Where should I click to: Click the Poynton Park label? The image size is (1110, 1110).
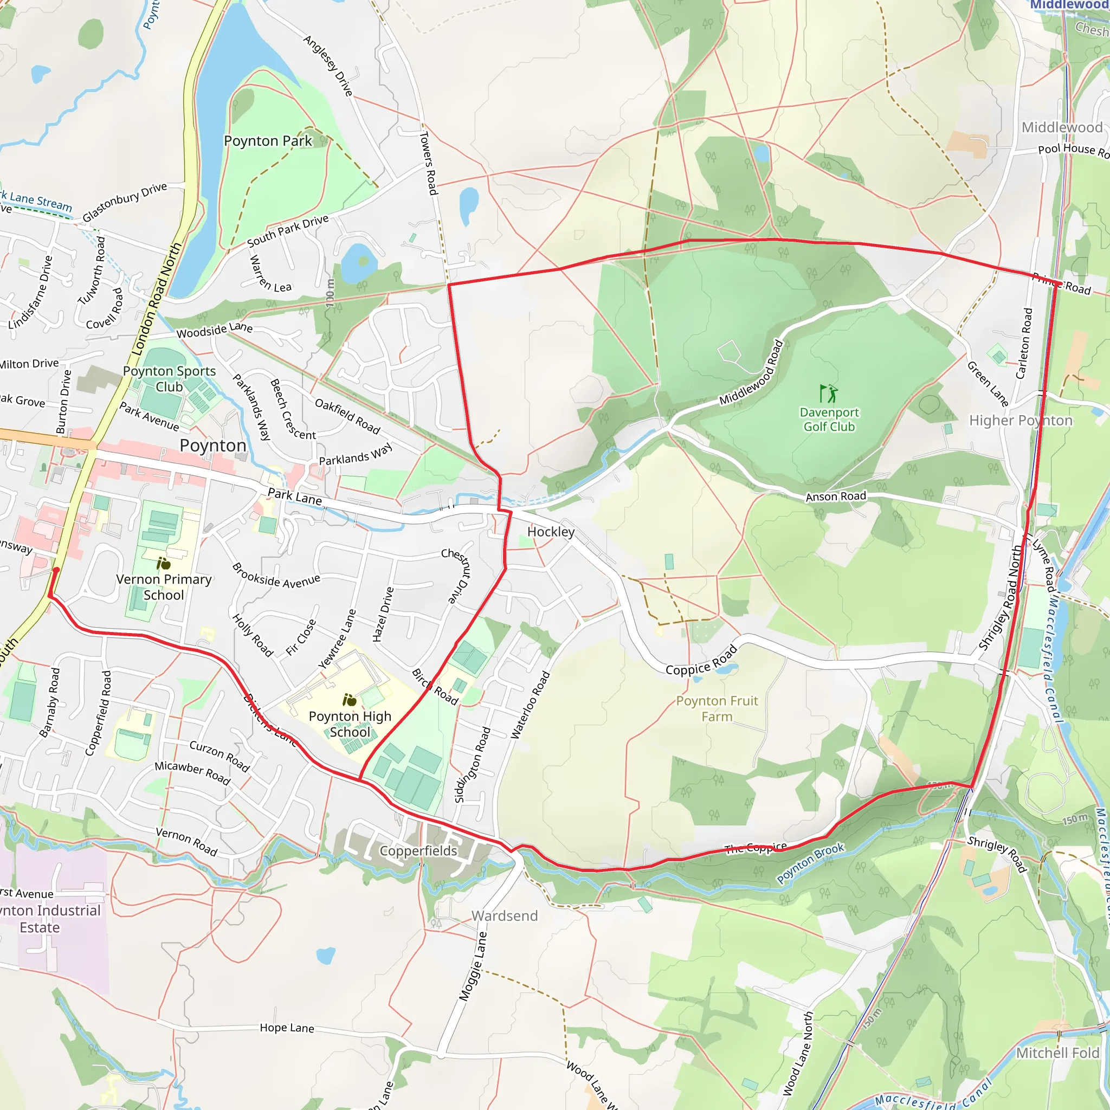point(268,141)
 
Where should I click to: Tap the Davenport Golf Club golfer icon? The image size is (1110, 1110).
point(829,393)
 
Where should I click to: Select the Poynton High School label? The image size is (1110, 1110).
point(350,724)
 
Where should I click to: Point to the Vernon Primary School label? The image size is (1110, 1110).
point(164,586)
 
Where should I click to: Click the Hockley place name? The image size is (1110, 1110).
point(551,532)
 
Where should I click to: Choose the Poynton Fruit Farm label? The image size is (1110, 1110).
point(717,708)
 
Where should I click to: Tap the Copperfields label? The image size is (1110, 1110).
point(418,851)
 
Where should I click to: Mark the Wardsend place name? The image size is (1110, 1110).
point(505,916)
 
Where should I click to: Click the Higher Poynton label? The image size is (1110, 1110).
point(1021,421)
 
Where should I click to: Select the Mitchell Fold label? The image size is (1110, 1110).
point(1057,1053)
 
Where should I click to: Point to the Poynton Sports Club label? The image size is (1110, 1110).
point(170,379)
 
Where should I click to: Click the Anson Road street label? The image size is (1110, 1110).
point(836,496)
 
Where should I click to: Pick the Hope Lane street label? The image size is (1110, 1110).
point(287,1028)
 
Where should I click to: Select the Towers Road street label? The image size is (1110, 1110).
point(429,163)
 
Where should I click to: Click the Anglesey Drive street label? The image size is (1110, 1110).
point(328,66)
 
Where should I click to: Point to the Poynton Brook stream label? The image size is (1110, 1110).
point(810,863)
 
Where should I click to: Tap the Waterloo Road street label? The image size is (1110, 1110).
point(530,705)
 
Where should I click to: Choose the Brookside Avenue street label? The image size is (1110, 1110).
point(276,576)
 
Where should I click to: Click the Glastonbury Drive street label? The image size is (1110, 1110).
point(125,202)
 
